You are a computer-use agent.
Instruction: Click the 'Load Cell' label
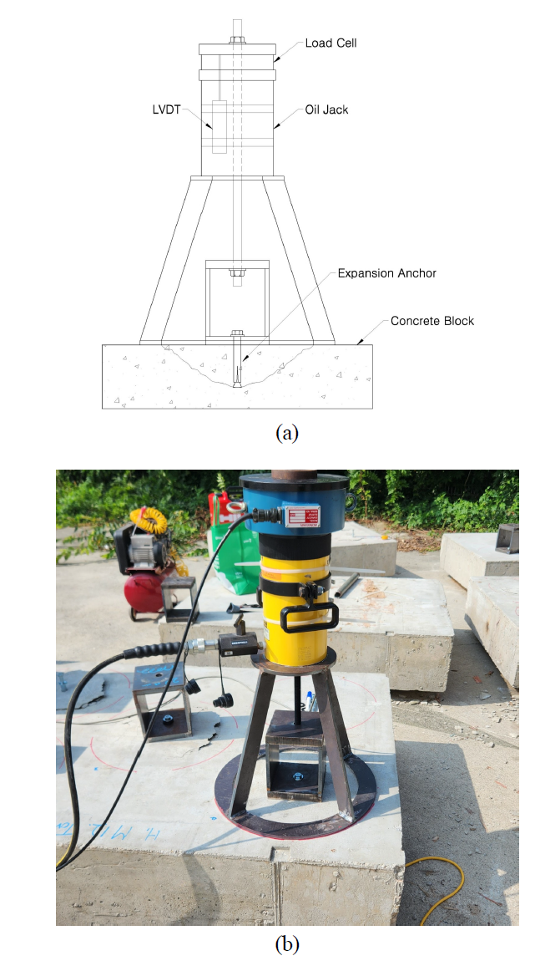(x=331, y=43)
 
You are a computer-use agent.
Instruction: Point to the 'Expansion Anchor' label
(x=386, y=273)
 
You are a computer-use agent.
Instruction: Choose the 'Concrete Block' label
(x=432, y=321)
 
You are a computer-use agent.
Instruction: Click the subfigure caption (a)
(x=286, y=432)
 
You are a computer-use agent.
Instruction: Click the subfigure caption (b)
(x=286, y=944)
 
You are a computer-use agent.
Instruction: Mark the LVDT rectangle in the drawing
(x=220, y=126)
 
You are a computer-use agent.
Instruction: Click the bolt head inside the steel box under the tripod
(x=296, y=776)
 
